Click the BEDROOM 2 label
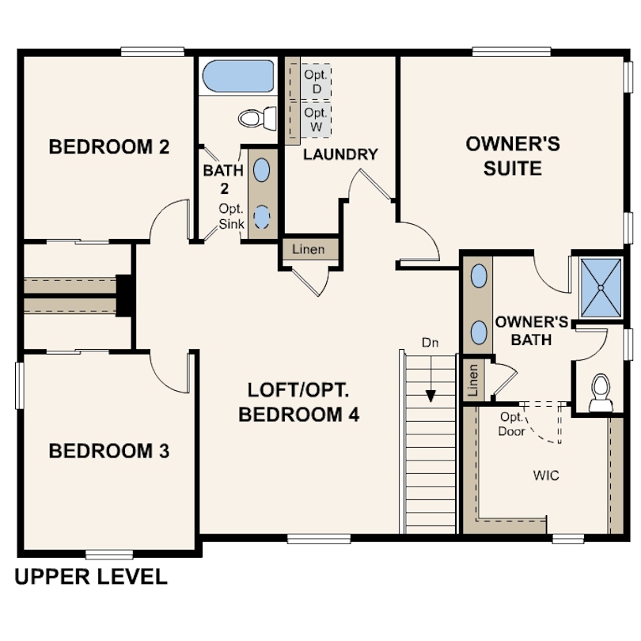click(x=109, y=147)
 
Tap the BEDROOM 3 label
click(x=109, y=452)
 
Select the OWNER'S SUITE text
click(x=513, y=156)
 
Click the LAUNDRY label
click(x=341, y=154)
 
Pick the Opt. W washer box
click(x=315, y=119)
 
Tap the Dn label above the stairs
click(x=430, y=343)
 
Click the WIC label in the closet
click(x=546, y=476)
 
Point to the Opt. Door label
click(x=512, y=424)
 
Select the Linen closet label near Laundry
click(x=309, y=250)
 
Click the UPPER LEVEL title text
click(x=91, y=577)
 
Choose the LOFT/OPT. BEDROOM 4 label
click(x=298, y=402)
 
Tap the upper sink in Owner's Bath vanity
click(x=479, y=276)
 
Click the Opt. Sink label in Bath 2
click(x=231, y=216)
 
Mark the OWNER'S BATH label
click(x=532, y=331)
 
